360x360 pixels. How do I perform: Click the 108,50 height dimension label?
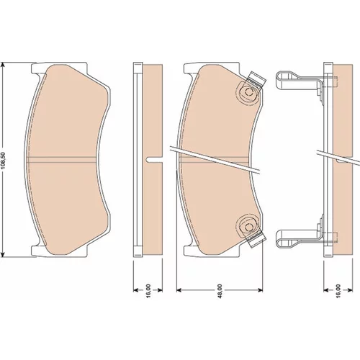4,161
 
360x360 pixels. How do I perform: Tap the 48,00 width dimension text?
220,291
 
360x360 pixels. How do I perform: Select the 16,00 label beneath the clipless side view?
148,291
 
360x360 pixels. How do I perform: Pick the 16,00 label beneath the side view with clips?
338,291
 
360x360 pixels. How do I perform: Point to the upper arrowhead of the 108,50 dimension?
3,65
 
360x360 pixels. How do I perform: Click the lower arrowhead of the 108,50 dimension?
3,255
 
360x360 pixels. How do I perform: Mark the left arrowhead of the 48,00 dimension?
179,290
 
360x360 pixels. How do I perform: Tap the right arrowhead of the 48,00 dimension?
260,290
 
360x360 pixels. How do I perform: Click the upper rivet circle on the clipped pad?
249,91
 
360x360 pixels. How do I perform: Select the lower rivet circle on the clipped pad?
248,227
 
